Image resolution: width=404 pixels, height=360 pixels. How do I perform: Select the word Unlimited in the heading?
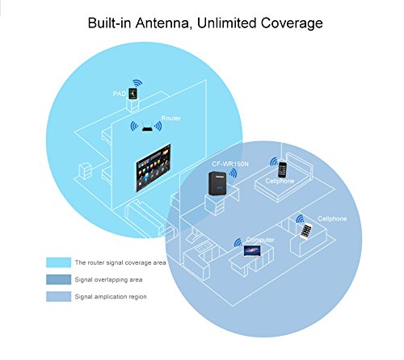point(237,23)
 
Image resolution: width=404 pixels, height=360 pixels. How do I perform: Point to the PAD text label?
point(118,94)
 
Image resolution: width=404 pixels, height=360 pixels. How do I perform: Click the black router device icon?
point(147,127)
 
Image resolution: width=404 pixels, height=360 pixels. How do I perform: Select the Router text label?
point(170,118)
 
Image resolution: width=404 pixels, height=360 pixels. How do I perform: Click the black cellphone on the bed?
point(282,170)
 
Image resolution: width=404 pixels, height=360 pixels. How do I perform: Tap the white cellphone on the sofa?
point(306,230)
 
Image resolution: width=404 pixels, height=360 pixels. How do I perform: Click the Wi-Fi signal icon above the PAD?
point(137,82)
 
